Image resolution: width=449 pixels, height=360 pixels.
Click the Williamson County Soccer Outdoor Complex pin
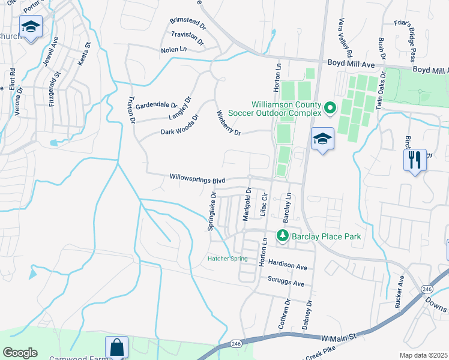[330, 108]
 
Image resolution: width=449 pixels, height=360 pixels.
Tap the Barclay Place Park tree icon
[282, 236]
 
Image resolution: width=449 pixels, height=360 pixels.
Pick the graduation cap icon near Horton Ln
[322, 139]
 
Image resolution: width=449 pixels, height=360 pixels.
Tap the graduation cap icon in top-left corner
[30, 27]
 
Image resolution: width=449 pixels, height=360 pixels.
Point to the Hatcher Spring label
[228, 259]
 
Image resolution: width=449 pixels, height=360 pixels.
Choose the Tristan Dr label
[132, 110]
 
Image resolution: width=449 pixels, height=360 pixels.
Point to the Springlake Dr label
[211, 212]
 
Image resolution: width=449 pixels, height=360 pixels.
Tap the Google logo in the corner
[20, 353]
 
